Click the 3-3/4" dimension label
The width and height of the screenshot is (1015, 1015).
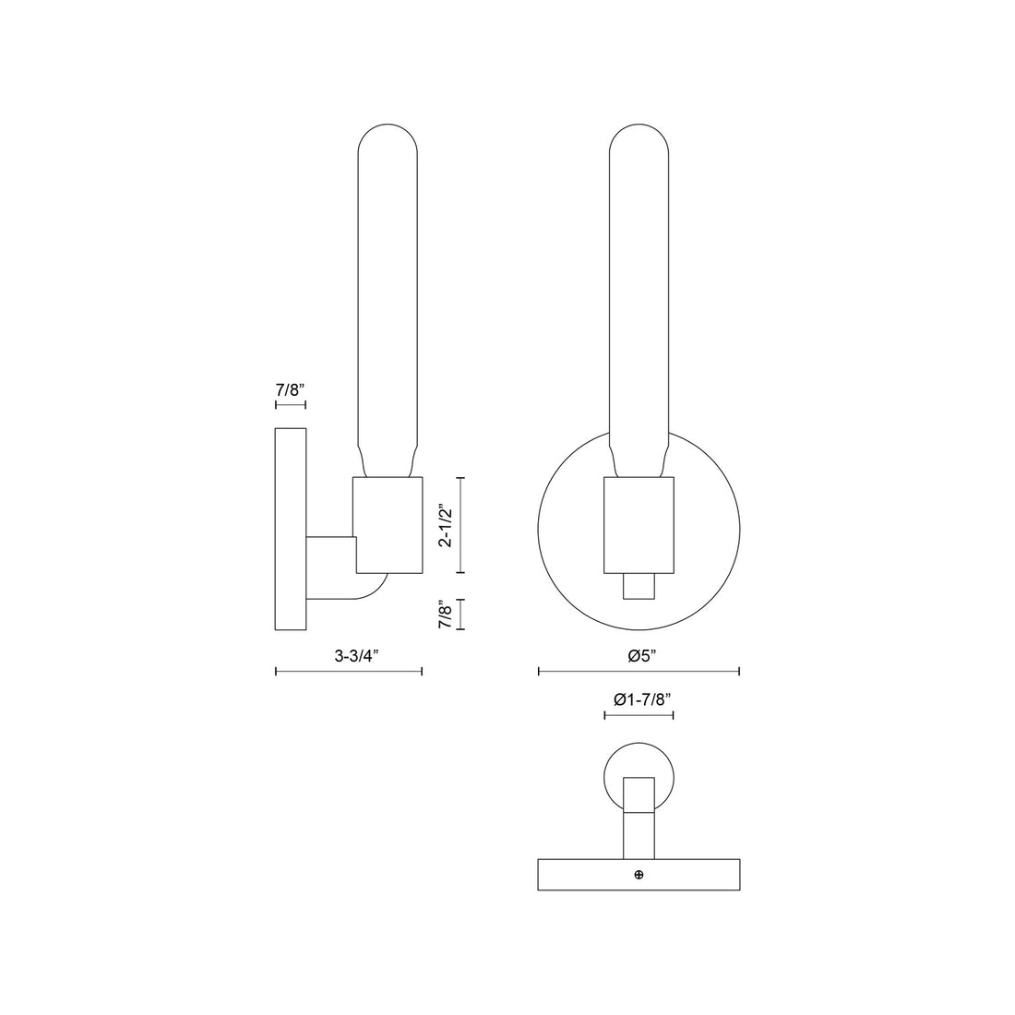point(357,656)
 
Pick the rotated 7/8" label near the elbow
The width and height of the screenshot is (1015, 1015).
point(447,615)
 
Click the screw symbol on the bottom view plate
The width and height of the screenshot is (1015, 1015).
point(639,874)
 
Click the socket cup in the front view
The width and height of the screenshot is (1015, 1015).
point(639,523)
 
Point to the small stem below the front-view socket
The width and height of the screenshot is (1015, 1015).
point(639,586)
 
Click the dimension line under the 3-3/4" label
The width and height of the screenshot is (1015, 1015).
point(349,672)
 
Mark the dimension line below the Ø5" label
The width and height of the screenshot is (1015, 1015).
point(639,672)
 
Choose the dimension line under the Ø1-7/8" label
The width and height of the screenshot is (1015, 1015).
point(639,715)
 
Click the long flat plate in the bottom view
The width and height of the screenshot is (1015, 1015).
point(591,875)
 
